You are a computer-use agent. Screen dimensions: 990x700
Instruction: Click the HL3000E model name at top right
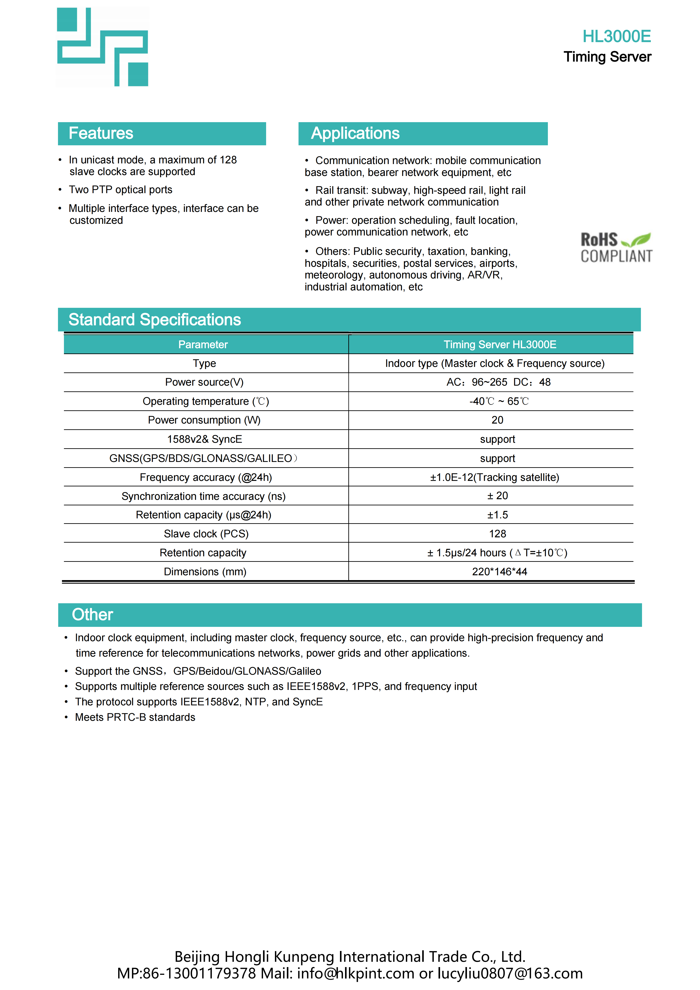point(616,37)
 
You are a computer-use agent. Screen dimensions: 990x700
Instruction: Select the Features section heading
point(101,133)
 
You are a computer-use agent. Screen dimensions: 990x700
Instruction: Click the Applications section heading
point(355,133)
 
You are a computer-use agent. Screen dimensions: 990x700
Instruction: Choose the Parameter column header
point(203,345)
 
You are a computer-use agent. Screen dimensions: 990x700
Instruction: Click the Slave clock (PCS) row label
point(206,534)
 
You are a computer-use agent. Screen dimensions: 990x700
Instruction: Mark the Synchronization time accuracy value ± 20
point(497,496)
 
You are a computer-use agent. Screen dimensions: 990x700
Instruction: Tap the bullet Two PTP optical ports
point(121,190)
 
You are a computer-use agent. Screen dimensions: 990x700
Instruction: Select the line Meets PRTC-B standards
point(135,717)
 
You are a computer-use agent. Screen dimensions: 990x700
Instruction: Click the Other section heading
point(92,615)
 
